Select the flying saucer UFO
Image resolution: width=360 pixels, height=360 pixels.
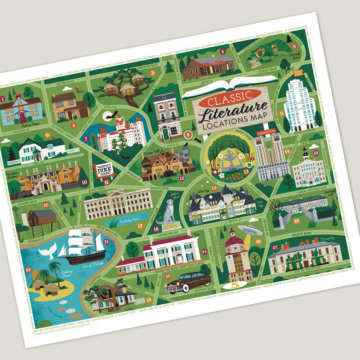click(249, 229)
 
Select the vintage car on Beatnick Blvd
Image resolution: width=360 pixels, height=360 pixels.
click(188, 281)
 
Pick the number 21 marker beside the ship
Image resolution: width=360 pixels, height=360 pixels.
click(107, 241)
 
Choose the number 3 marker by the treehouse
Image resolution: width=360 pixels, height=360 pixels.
click(153, 73)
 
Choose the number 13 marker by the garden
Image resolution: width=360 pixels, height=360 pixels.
click(246, 172)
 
